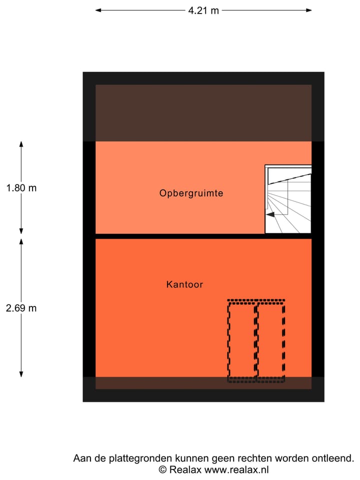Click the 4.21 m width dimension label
(x=203, y=10)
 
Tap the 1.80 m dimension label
(x=21, y=187)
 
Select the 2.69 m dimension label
(x=21, y=308)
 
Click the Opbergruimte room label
(x=191, y=193)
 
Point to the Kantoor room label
(x=184, y=284)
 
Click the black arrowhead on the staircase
(x=270, y=214)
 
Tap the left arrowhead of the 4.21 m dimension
(x=98, y=10)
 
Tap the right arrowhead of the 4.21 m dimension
(x=309, y=10)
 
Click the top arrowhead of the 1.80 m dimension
(x=21, y=144)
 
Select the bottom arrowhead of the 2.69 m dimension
(x=21, y=374)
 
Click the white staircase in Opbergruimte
(x=288, y=199)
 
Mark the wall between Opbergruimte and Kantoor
(x=203, y=236)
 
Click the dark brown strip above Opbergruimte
(x=203, y=113)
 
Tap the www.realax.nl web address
(x=236, y=469)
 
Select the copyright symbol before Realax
(x=162, y=469)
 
